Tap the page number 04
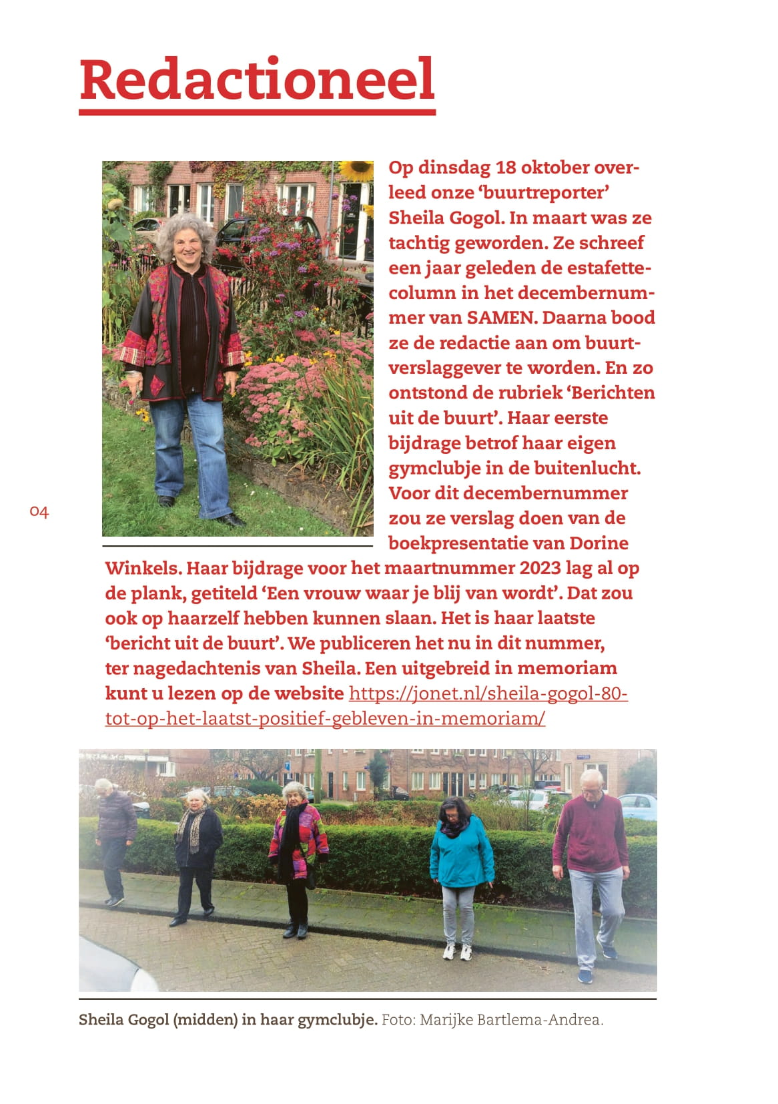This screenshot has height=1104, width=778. (x=39, y=512)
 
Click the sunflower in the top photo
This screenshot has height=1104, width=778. (x=356, y=170)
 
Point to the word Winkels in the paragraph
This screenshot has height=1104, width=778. (x=141, y=568)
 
